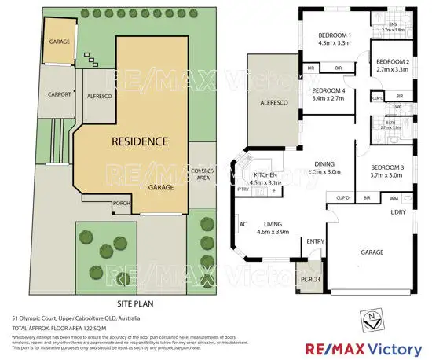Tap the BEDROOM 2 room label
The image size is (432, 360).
[392, 61]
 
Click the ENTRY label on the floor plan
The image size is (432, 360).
[316, 241]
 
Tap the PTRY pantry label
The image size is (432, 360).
[243, 189]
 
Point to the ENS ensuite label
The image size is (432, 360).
[393, 24]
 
